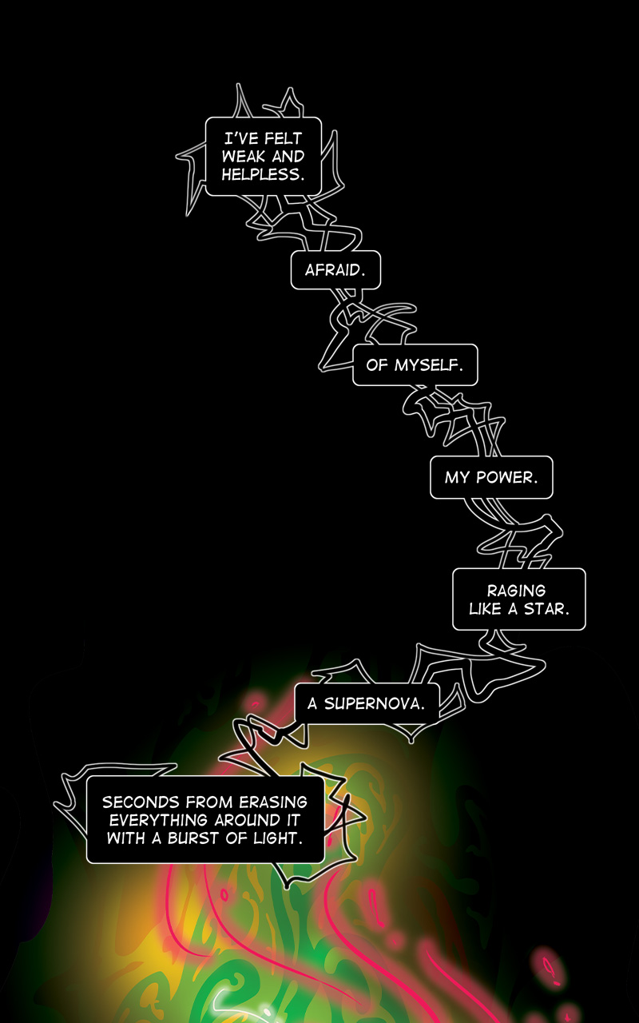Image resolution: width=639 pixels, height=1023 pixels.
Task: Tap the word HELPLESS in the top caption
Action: tap(263, 174)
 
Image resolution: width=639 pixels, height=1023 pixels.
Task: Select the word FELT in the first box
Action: tap(283, 138)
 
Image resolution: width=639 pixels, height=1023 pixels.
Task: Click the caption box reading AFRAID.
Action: tap(335, 270)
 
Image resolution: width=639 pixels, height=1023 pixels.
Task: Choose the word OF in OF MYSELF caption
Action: tap(377, 365)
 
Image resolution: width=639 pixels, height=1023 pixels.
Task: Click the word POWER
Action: tap(506, 478)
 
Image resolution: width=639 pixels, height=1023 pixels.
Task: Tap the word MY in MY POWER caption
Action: tap(457, 478)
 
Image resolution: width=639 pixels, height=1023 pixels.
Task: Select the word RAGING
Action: tap(516, 591)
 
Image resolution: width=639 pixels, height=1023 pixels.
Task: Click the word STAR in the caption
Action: tap(546, 609)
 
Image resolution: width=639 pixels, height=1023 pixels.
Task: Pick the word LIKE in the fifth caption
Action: tap(486, 609)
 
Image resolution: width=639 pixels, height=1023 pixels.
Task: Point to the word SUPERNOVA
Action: tap(375, 704)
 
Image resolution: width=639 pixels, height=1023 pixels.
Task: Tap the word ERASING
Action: tap(273, 802)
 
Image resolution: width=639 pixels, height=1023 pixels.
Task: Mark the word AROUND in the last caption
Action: tap(248, 820)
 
